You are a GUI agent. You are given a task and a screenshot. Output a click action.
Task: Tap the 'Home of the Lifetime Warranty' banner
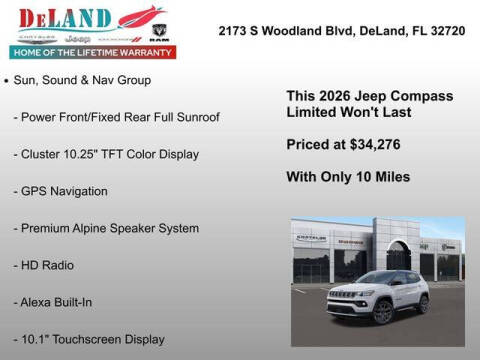90,52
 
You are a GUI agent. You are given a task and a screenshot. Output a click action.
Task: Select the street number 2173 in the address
233,31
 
